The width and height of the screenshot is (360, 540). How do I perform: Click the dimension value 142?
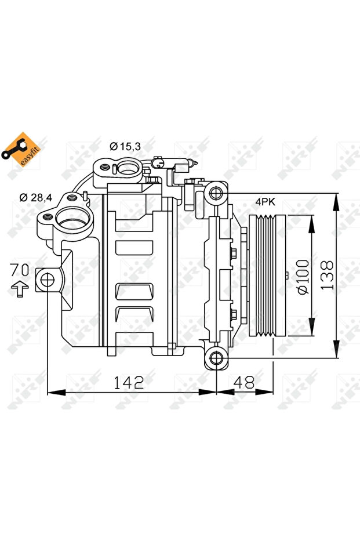pos(128,382)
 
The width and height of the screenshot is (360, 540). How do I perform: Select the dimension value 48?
pos(243,382)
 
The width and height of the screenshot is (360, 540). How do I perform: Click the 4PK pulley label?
pos(265,202)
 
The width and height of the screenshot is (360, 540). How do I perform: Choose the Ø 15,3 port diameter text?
pos(125,147)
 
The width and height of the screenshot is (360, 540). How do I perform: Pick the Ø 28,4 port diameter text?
pos(35,197)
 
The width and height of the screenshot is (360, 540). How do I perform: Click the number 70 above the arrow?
pos(20,269)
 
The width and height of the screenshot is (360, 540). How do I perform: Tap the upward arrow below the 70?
pos(20,288)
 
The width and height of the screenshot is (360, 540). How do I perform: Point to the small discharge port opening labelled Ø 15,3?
pos(126,168)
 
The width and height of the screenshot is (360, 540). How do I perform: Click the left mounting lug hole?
pos(46,281)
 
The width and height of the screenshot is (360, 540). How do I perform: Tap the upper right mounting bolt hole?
pos(216,193)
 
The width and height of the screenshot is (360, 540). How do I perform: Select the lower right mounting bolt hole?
pos(216,358)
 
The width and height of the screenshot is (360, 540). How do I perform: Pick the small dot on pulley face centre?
pos(286,275)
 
